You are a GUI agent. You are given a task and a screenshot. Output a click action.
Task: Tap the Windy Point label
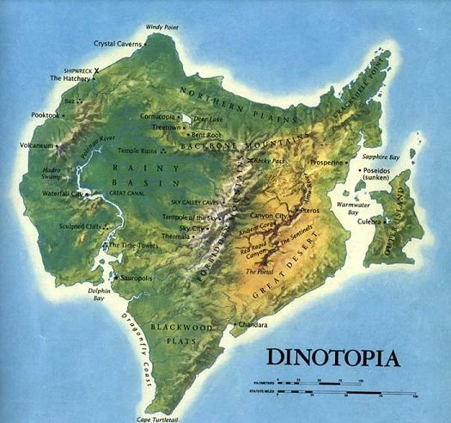[164, 28]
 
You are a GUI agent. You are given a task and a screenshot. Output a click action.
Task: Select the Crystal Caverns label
[119, 42]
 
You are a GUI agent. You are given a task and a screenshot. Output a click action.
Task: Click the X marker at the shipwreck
[96, 70]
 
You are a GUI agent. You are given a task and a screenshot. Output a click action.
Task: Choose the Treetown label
[166, 127]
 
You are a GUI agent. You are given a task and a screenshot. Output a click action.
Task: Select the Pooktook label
[45, 114]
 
